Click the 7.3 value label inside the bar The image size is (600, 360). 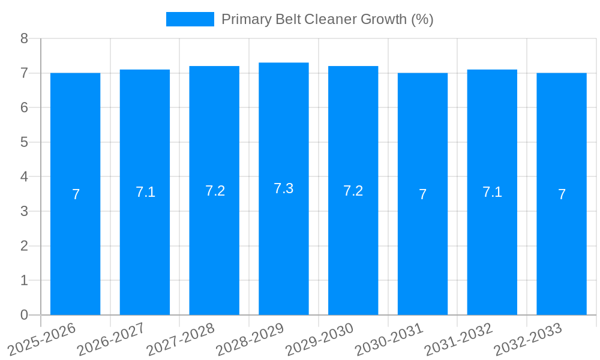coord(284,188)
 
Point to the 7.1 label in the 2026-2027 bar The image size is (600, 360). coord(145,192)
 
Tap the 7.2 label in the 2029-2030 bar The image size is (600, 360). coord(353,191)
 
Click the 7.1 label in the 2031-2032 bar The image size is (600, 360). coord(492,192)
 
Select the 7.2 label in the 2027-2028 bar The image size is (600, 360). coord(215,191)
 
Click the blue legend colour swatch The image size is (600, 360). coord(190,19)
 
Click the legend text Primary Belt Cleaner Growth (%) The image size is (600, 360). coord(327,19)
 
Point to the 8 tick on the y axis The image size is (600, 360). coord(24,38)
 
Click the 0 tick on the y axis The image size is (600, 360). coord(24,315)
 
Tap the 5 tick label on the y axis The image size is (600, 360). coord(24,142)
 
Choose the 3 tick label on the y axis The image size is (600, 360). coord(24,211)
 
